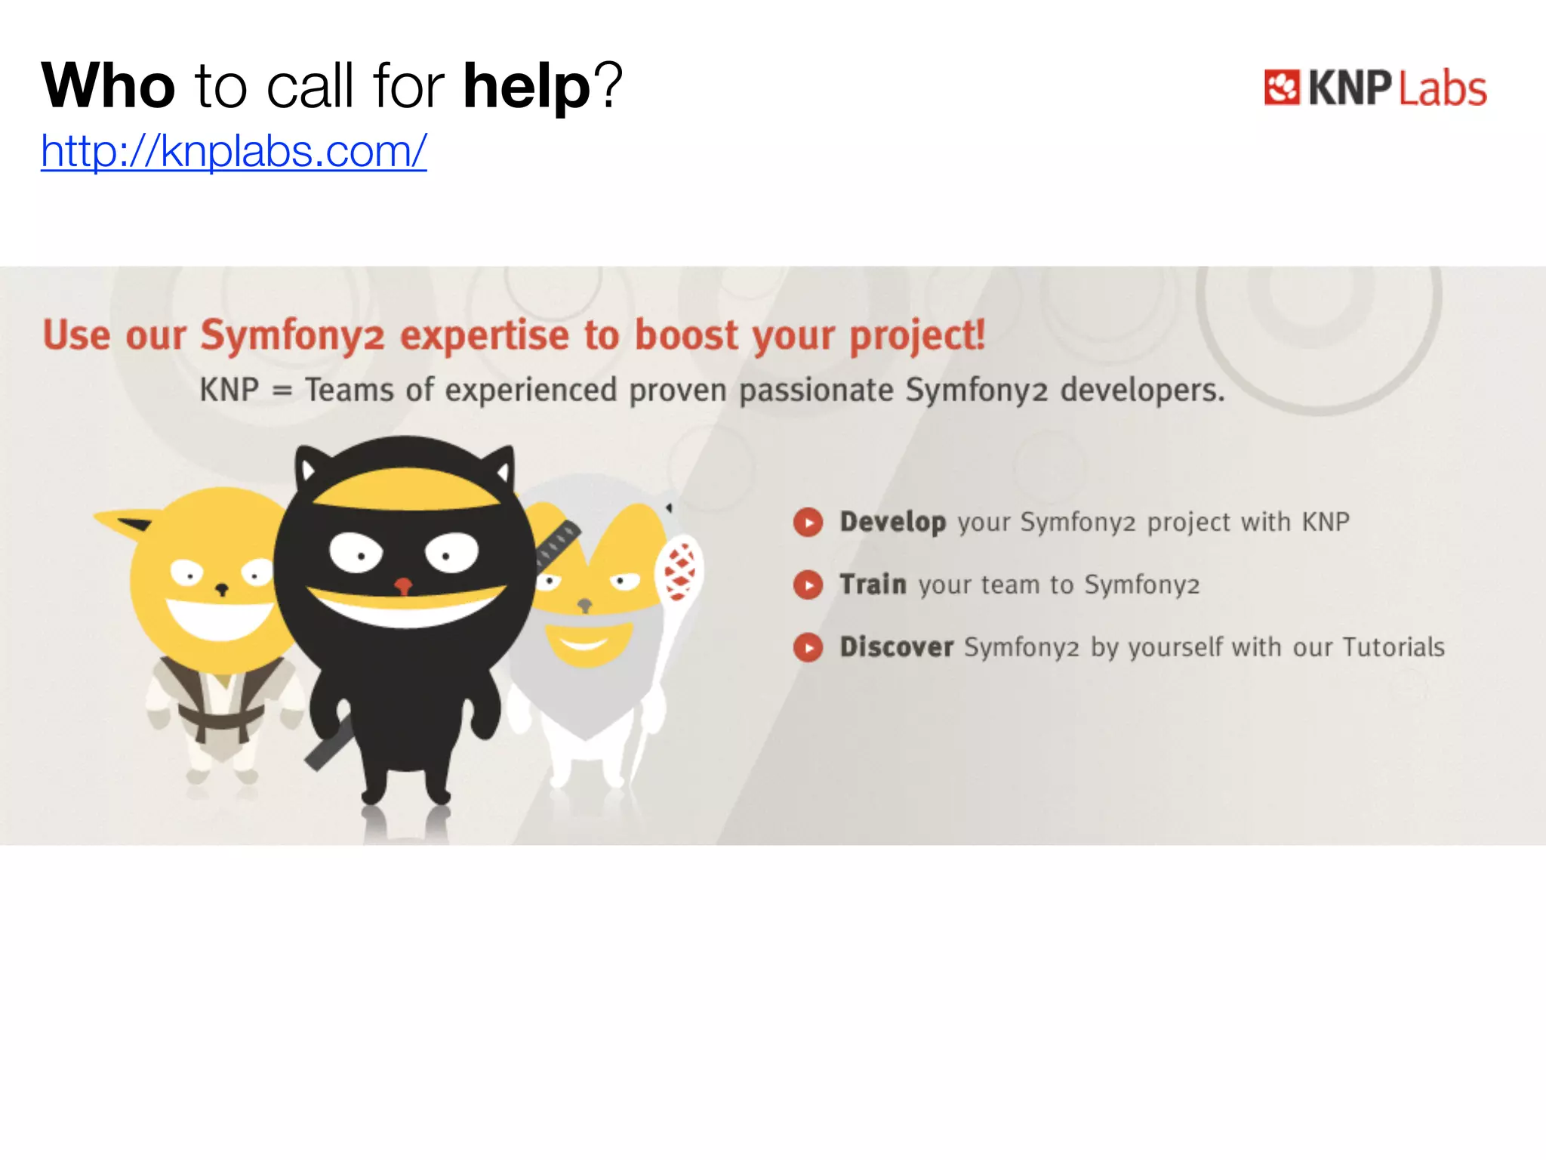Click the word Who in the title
pyautogui.click(x=108, y=86)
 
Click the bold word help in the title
pyautogui.click(x=526, y=86)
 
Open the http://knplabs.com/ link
pyautogui.click(x=233, y=151)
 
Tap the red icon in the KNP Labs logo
pyautogui.click(x=1281, y=88)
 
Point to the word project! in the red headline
pyautogui.click(x=917, y=336)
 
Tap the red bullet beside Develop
pyautogui.click(x=808, y=522)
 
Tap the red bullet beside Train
pyautogui.click(x=808, y=585)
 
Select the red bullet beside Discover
pyautogui.click(x=808, y=647)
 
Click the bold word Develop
pyautogui.click(x=892, y=522)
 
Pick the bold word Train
pyautogui.click(x=873, y=585)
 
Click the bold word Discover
pyautogui.click(x=896, y=647)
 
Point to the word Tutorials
pyautogui.click(x=1394, y=647)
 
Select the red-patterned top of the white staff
pyautogui.click(x=679, y=571)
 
